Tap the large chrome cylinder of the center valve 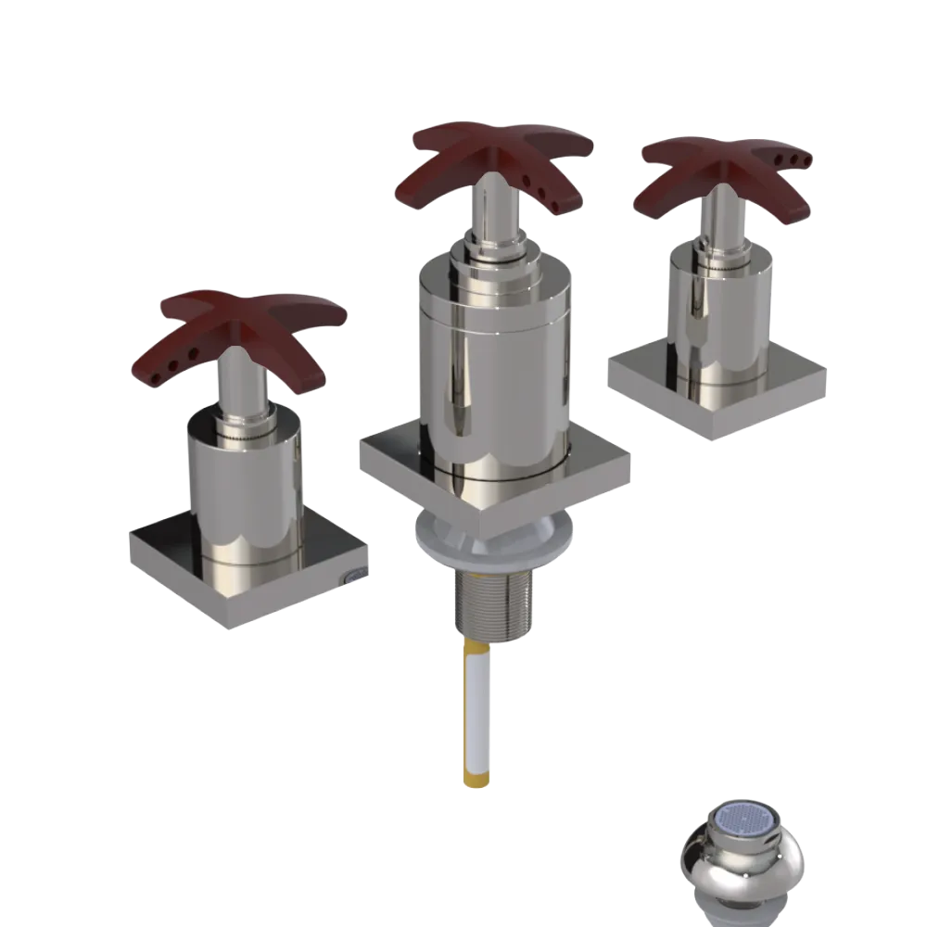coord(491,371)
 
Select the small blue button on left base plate coord(353,577)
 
